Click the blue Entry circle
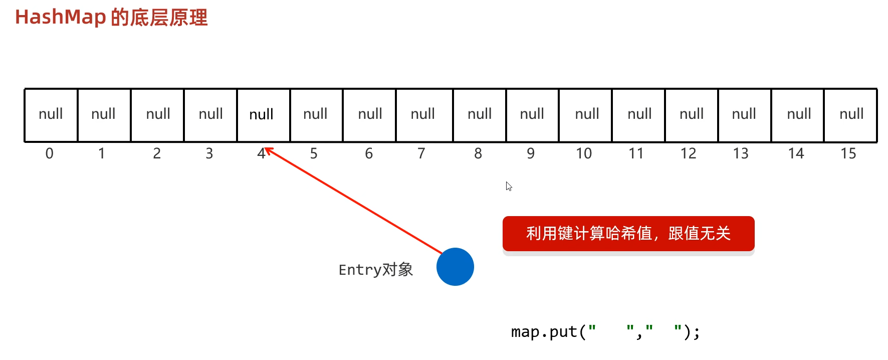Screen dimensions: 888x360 [x=455, y=267]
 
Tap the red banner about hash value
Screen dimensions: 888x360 [x=628, y=234]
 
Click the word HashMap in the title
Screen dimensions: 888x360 [x=60, y=17]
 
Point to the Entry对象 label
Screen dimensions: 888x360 [x=375, y=270]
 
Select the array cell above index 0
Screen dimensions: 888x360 [x=51, y=115]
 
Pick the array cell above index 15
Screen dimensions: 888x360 [x=850, y=115]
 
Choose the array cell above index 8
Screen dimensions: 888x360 [x=480, y=115]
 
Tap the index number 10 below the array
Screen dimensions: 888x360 [x=584, y=153]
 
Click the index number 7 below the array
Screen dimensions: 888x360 [x=421, y=153]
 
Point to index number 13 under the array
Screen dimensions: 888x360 [x=741, y=153]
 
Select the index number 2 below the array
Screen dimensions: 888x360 [x=157, y=153]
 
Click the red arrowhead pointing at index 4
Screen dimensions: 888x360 [x=269, y=150]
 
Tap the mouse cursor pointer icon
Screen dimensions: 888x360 [x=509, y=186]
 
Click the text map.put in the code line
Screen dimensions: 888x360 [x=544, y=332]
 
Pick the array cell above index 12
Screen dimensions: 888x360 [x=692, y=115]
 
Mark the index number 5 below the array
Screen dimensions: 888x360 [x=314, y=153]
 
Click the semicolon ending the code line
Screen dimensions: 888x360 [x=697, y=333]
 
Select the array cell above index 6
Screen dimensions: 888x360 [x=370, y=115]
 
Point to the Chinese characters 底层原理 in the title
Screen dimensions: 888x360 [x=168, y=18]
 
